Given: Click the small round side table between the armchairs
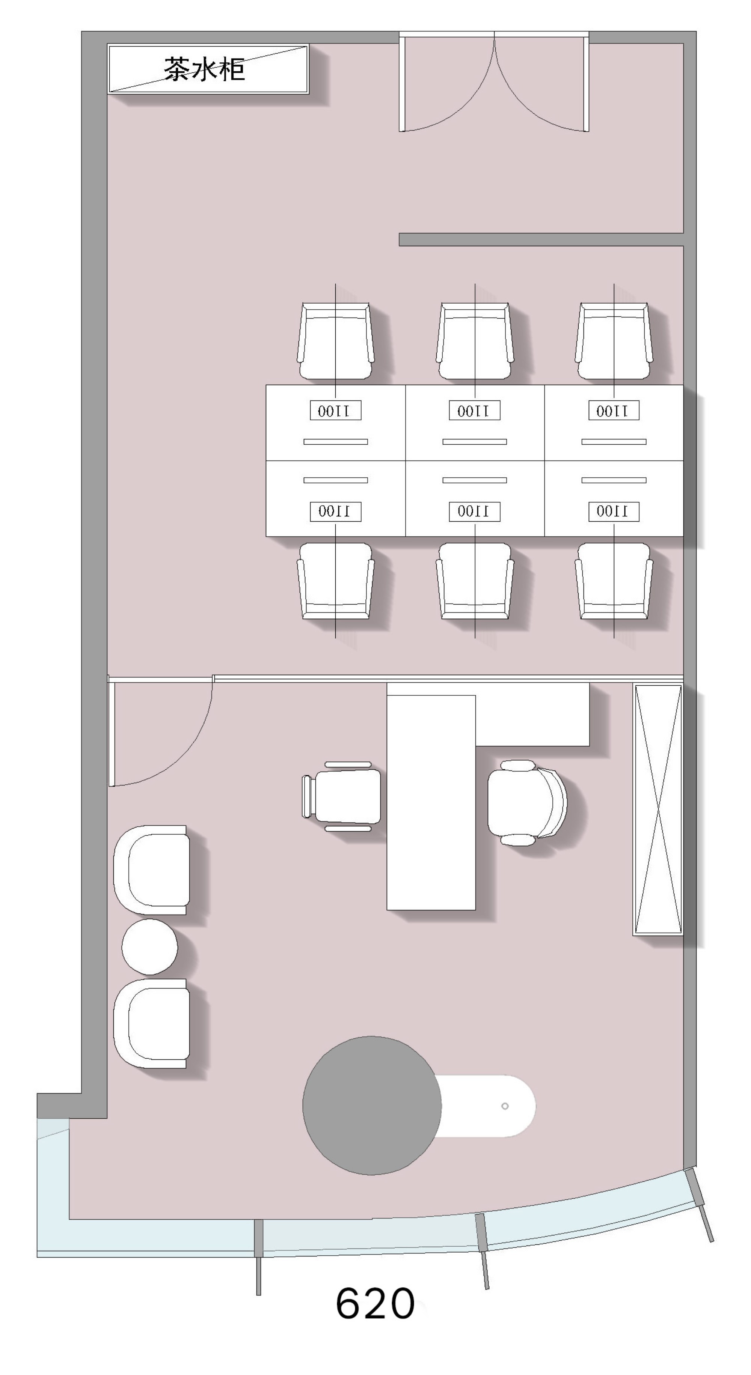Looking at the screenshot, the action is point(149,946).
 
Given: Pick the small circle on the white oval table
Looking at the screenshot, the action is point(505,1106).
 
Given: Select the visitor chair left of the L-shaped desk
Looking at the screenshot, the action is point(342,796).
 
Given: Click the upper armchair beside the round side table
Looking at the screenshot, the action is point(151,870).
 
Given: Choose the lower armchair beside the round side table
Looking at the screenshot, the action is point(151,1023).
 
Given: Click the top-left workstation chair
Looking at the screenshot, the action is point(335,341).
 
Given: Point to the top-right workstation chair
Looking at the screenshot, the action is point(614,341).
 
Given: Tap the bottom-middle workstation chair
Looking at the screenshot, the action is point(475,581).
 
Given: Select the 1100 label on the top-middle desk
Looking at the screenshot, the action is point(474,411).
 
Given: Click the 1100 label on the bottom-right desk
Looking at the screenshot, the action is point(614,511).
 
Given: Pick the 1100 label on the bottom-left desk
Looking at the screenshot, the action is point(335,511).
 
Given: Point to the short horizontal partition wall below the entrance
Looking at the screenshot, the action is point(541,240).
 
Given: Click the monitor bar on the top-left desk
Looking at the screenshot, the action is point(335,441).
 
